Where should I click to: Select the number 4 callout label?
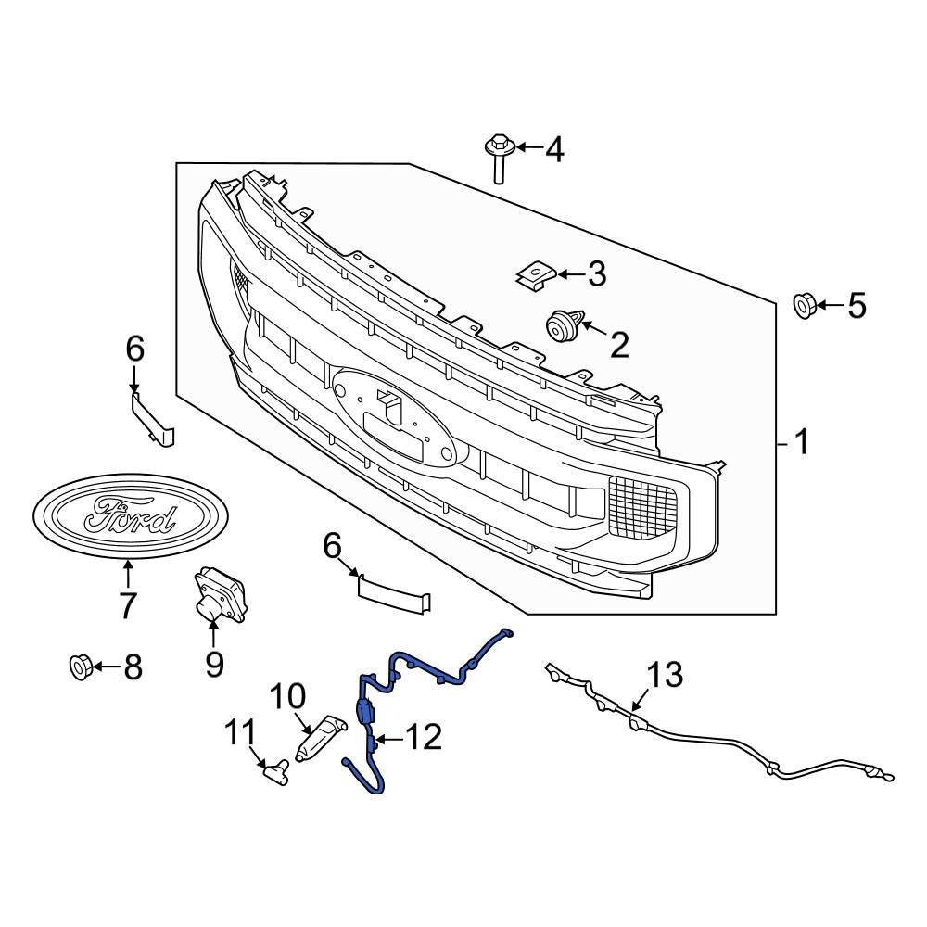point(553,148)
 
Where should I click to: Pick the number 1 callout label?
point(800,443)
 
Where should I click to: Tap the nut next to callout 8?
point(81,667)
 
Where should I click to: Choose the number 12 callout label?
point(424,738)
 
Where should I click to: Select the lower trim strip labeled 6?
point(394,592)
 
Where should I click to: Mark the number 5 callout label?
point(856,305)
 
